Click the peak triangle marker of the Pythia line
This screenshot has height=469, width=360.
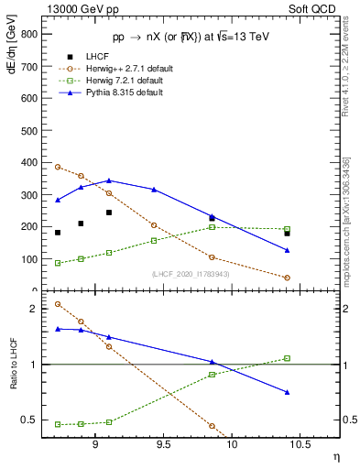[x=109, y=180]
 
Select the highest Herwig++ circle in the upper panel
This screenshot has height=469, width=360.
[x=58, y=167]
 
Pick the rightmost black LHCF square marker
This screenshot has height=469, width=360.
[x=287, y=234]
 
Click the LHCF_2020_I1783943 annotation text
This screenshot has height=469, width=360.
[x=191, y=274]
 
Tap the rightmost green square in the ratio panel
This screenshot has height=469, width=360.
[x=287, y=358]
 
